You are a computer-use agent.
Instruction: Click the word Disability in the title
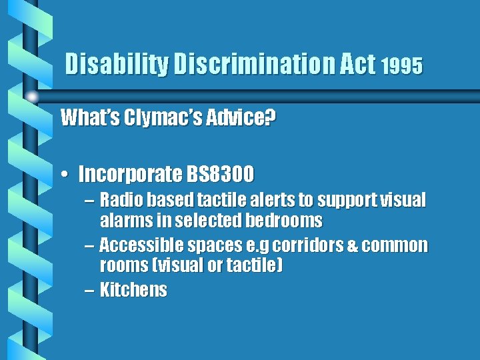(x=117, y=65)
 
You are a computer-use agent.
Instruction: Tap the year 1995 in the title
(x=402, y=67)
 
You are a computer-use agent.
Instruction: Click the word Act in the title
(x=358, y=65)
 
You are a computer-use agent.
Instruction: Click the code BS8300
(x=219, y=175)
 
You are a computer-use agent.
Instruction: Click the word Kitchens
(x=133, y=290)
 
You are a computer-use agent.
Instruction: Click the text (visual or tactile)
(x=191, y=266)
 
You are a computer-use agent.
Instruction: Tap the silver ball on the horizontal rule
(x=31, y=97)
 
